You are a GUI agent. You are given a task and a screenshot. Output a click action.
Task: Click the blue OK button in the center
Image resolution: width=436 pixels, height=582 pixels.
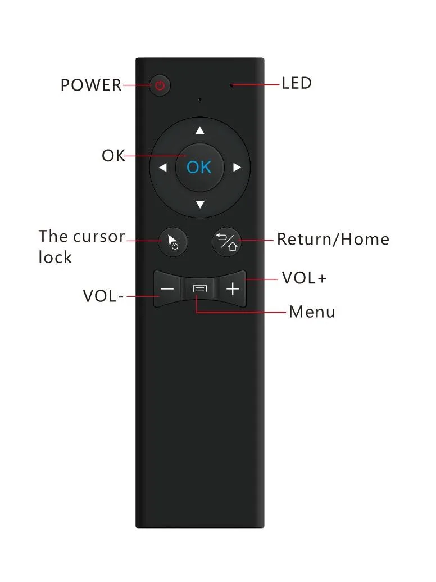point(199,168)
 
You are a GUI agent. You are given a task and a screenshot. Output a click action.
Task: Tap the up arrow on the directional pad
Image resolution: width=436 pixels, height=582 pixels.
point(200,130)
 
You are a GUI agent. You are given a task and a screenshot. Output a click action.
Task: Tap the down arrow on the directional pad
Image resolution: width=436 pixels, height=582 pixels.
point(200,205)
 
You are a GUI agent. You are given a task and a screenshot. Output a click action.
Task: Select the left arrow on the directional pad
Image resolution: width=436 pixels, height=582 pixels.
point(163,168)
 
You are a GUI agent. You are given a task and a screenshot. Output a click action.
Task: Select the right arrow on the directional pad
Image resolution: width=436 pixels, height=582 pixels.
point(237,168)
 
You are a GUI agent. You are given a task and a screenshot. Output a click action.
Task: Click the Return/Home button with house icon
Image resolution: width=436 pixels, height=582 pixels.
point(226,241)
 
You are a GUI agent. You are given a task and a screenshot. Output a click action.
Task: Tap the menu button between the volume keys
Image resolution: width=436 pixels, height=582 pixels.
point(200,289)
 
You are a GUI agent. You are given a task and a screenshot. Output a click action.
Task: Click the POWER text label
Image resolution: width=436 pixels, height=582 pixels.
point(91,85)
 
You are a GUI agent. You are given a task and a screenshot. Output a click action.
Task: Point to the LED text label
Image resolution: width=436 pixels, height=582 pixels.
point(297,84)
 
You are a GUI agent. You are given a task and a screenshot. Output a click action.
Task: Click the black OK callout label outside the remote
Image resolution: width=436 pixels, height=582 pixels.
point(113,156)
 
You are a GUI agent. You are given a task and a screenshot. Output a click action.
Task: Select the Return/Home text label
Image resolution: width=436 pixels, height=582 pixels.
point(333,240)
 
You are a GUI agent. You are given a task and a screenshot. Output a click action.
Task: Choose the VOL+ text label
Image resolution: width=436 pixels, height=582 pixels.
point(304,278)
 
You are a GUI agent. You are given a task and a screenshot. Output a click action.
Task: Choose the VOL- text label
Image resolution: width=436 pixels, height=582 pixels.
point(103,296)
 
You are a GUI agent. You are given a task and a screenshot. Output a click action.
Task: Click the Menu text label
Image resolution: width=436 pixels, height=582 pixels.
point(312,312)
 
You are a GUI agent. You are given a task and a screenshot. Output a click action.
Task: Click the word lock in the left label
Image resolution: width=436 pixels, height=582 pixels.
point(55,257)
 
